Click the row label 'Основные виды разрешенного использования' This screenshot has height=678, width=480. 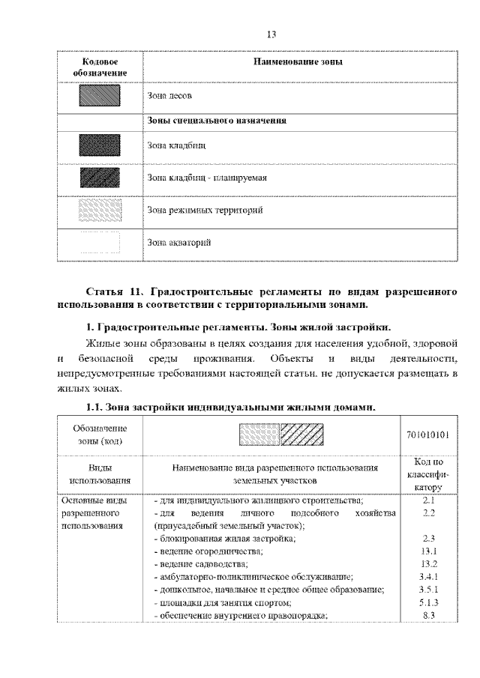coord(94,512)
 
